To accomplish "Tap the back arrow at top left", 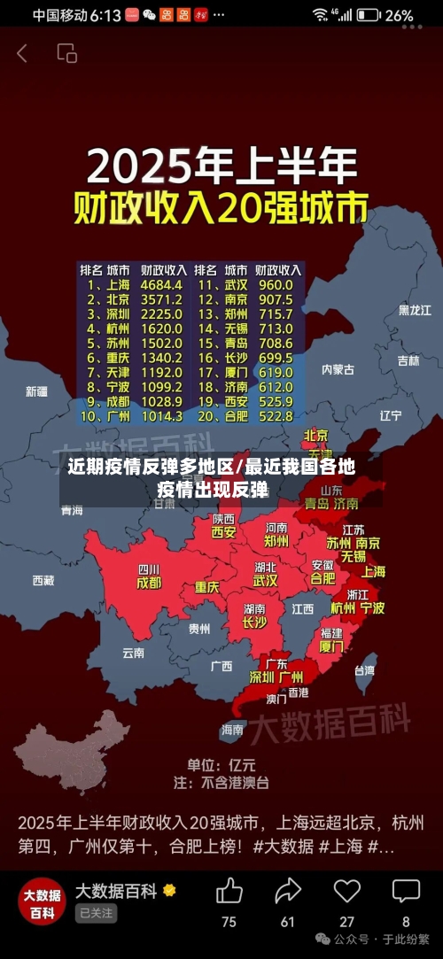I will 22,53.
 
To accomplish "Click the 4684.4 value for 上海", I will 161,285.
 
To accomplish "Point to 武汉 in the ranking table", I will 236,285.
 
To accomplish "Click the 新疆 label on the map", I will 36,391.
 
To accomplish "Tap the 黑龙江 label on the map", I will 415,310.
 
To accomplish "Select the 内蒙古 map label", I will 338,369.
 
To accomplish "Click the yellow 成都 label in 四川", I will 149,583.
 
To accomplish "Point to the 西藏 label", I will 43,581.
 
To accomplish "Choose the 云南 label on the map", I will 133,653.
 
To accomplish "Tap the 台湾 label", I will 364,670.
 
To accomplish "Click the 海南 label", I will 232,730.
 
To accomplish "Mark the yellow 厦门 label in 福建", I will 331,646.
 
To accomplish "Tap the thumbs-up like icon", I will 229,891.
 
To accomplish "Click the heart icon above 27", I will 347,891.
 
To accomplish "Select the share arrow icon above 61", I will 288,891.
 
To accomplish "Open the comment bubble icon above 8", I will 406,891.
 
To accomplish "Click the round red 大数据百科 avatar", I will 42,901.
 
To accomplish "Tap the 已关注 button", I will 96,913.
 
